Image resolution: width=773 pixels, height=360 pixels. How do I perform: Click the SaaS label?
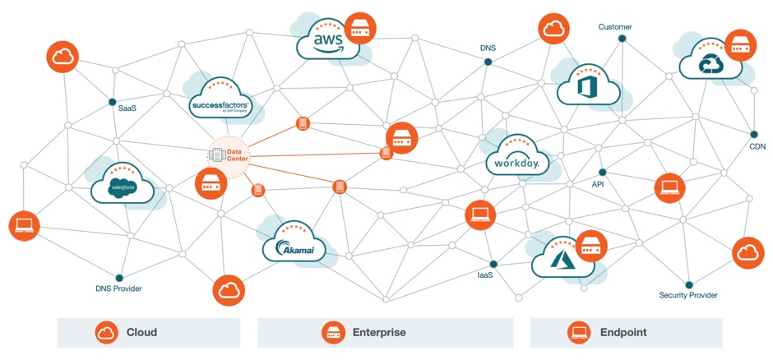click(x=127, y=108)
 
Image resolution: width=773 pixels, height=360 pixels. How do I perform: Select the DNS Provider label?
click(x=118, y=288)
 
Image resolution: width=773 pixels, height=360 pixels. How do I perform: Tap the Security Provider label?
click(x=688, y=295)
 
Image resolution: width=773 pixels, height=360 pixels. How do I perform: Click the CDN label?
click(x=757, y=146)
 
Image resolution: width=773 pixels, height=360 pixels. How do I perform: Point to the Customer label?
click(x=615, y=27)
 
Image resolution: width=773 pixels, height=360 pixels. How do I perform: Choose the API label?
click(x=598, y=185)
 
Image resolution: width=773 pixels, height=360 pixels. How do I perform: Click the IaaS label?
click(x=485, y=275)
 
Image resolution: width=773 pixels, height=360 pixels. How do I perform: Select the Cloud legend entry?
click(x=141, y=333)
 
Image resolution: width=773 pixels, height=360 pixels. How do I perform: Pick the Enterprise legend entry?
click(x=379, y=333)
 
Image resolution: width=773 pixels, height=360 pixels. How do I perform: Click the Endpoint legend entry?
click(x=623, y=333)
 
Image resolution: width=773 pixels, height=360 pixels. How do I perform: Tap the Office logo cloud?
click(x=588, y=86)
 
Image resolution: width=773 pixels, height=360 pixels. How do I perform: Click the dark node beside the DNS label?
click(x=488, y=62)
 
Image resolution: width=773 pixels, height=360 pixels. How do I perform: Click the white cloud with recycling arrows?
click(x=710, y=62)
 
